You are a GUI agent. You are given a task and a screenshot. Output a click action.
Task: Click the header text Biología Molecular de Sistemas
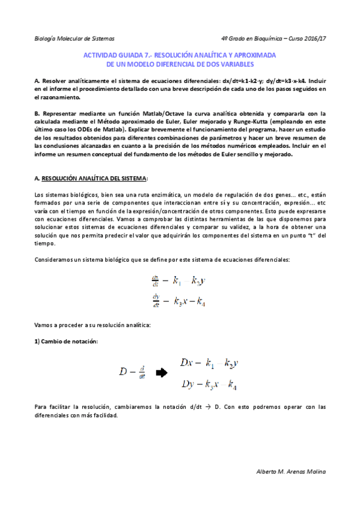[75, 38]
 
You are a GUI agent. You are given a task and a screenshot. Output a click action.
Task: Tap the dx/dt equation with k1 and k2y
[180, 281]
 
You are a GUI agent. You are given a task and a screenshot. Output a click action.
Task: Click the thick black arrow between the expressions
[160, 373]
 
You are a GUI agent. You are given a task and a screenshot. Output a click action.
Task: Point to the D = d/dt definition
[132, 373]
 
